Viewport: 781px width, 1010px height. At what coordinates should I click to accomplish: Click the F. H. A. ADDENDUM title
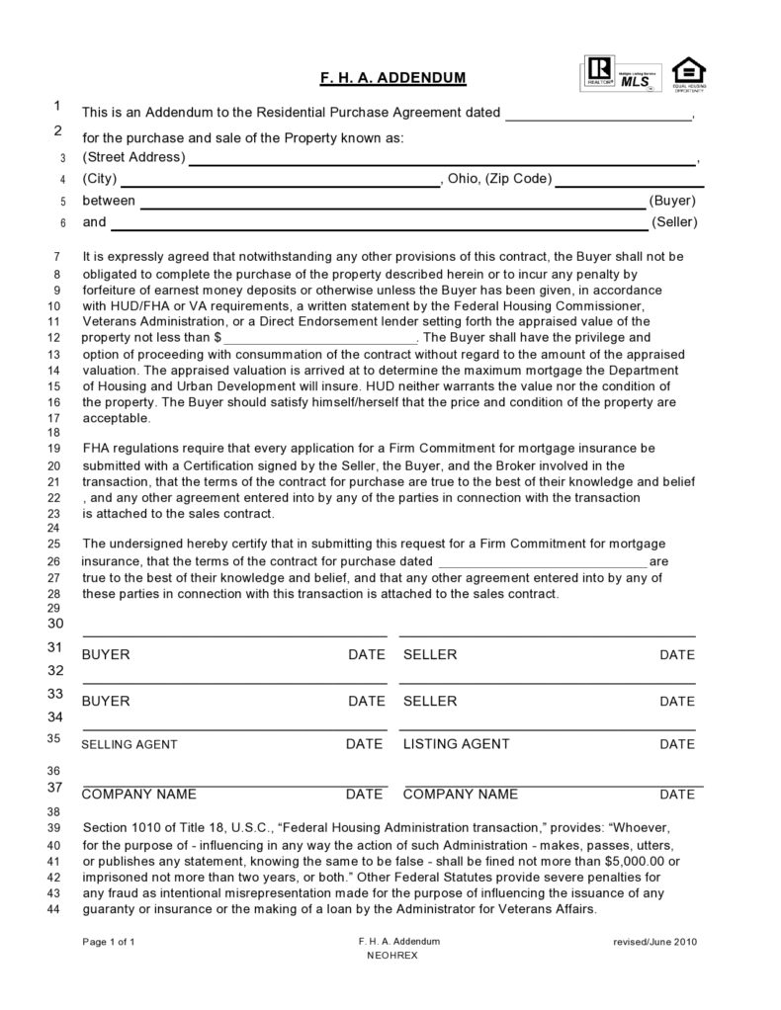click(x=391, y=77)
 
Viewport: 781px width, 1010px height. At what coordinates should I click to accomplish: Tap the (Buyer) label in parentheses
click(x=673, y=201)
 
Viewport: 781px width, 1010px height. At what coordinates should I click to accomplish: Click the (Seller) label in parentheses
click(x=674, y=222)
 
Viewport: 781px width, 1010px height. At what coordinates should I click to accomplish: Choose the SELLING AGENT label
click(x=130, y=745)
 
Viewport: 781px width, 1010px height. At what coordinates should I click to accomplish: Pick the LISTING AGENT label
click(x=457, y=744)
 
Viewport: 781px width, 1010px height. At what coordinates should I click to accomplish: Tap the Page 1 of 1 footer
click(x=108, y=942)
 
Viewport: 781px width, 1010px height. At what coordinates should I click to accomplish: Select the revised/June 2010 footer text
click(x=655, y=942)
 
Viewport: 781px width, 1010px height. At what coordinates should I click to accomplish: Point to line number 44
click(x=54, y=910)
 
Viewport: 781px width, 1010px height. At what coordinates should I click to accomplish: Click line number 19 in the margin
click(x=54, y=449)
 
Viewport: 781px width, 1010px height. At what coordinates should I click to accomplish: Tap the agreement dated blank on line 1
click(x=599, y=114)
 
